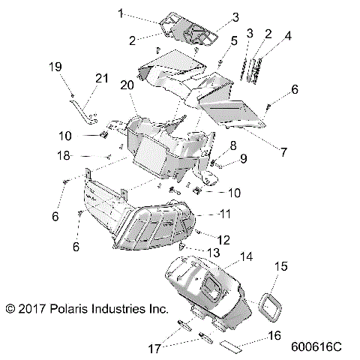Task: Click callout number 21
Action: tap(101, 79)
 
